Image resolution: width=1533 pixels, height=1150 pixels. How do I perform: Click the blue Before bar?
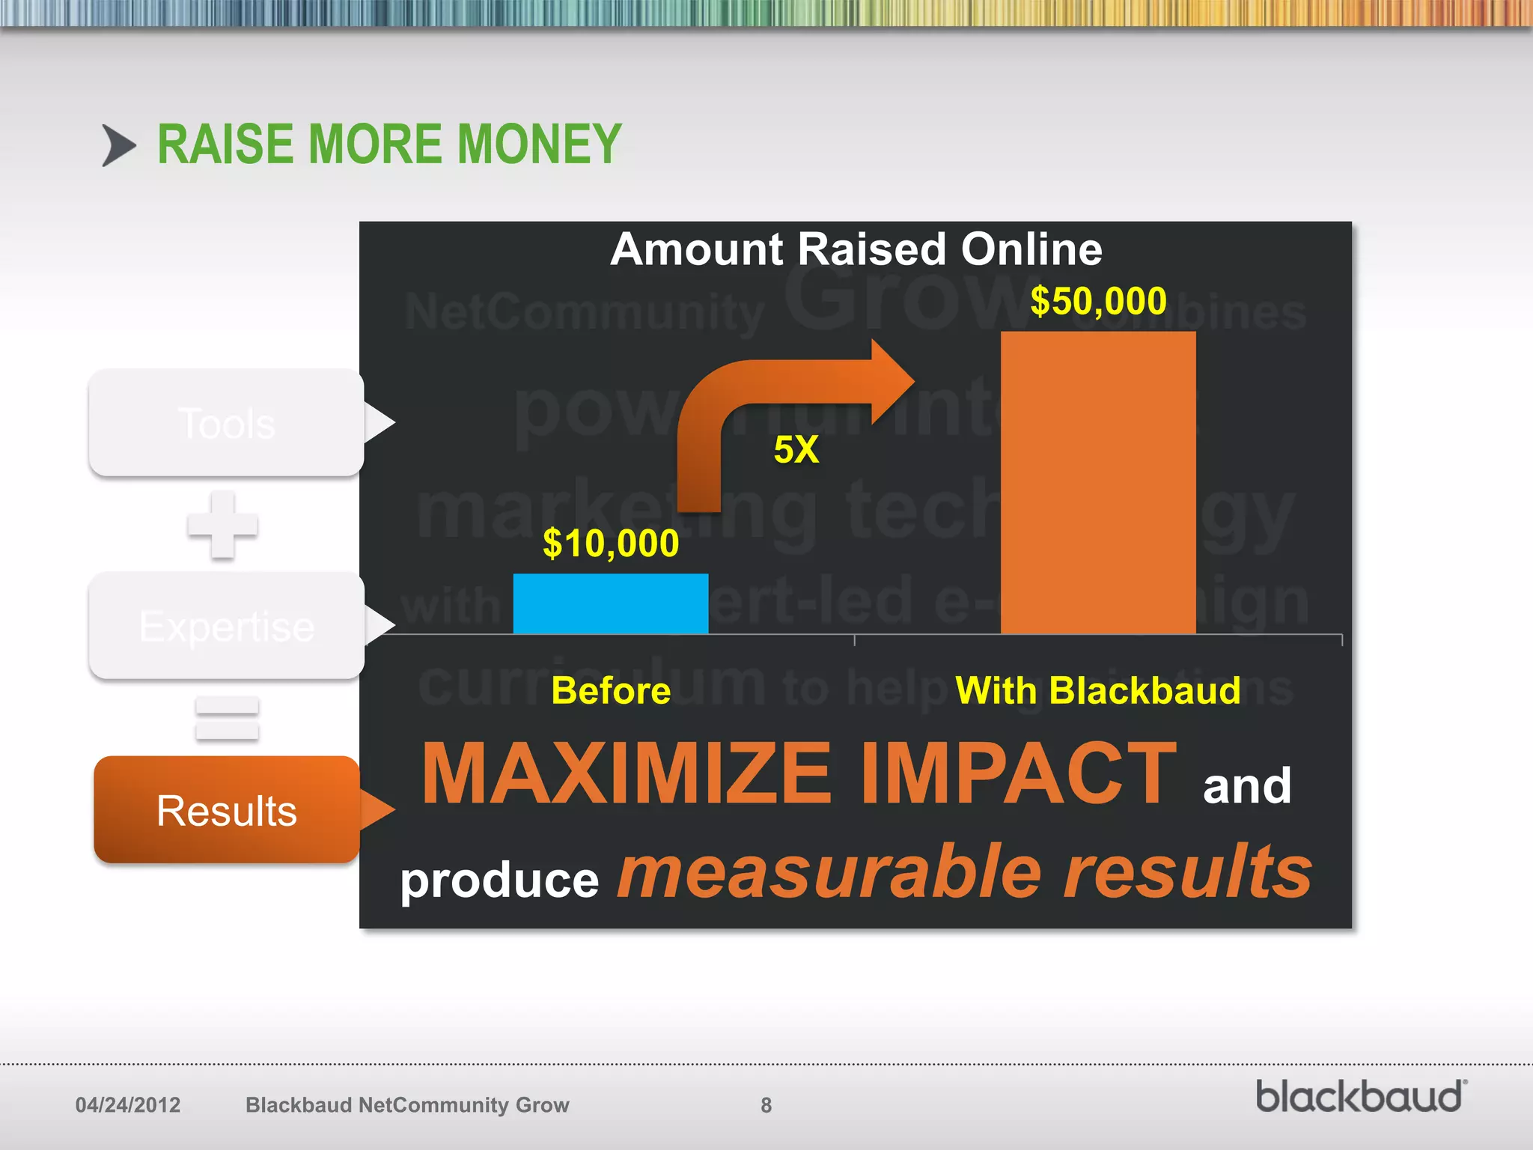point(610,603)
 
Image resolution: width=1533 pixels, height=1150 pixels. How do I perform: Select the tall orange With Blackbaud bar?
point(1097,483)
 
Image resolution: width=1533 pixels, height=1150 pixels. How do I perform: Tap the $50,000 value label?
point(1097,301)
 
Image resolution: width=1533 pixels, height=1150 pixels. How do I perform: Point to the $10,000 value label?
point(610,543)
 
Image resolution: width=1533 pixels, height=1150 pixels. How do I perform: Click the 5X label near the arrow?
point(796,450)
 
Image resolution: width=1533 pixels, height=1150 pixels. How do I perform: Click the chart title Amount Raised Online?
point(856,249)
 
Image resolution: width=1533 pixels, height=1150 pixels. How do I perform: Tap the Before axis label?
point(610,690)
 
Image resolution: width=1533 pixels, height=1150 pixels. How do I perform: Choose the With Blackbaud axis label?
point(1097,690)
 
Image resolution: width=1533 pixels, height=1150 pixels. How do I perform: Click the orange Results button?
point(227,810)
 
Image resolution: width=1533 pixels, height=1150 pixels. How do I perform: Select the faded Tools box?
point(227,423)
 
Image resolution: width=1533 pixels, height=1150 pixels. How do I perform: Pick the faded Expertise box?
point(227,626)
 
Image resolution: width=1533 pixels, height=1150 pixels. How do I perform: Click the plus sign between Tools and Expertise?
point(222,525)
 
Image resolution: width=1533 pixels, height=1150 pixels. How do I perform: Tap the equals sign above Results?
point(227,718)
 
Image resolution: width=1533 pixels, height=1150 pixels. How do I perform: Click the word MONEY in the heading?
point(539,144)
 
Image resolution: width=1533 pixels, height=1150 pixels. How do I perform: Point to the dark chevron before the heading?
point(118,145)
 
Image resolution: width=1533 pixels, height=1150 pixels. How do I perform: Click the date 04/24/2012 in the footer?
point(128,1105)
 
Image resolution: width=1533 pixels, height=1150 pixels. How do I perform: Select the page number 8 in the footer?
point(766,1105)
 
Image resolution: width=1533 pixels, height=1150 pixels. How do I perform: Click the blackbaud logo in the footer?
point(1360,1098)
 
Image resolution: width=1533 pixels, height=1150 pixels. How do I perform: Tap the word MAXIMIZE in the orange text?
point(627,773)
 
